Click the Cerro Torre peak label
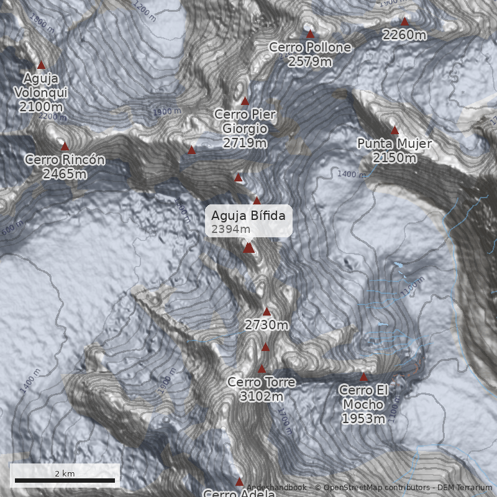point(262,382)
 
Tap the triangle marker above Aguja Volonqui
point(42,65)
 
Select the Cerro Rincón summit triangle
point(65,146)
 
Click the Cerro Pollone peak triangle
point(310,34)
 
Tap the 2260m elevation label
point(404,35)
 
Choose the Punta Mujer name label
point(394,144)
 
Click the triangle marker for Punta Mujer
point(394,130)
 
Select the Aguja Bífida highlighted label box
point(248,221)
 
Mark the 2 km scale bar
point(65,480)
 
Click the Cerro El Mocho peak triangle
point(364,377)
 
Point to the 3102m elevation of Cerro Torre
point(262,396)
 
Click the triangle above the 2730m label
point(267,312)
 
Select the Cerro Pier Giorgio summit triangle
point(245,101)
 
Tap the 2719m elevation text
point(245,143)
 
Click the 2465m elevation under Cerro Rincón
point(65,173)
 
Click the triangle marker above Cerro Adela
point(239,481)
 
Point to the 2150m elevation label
point(394,158)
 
